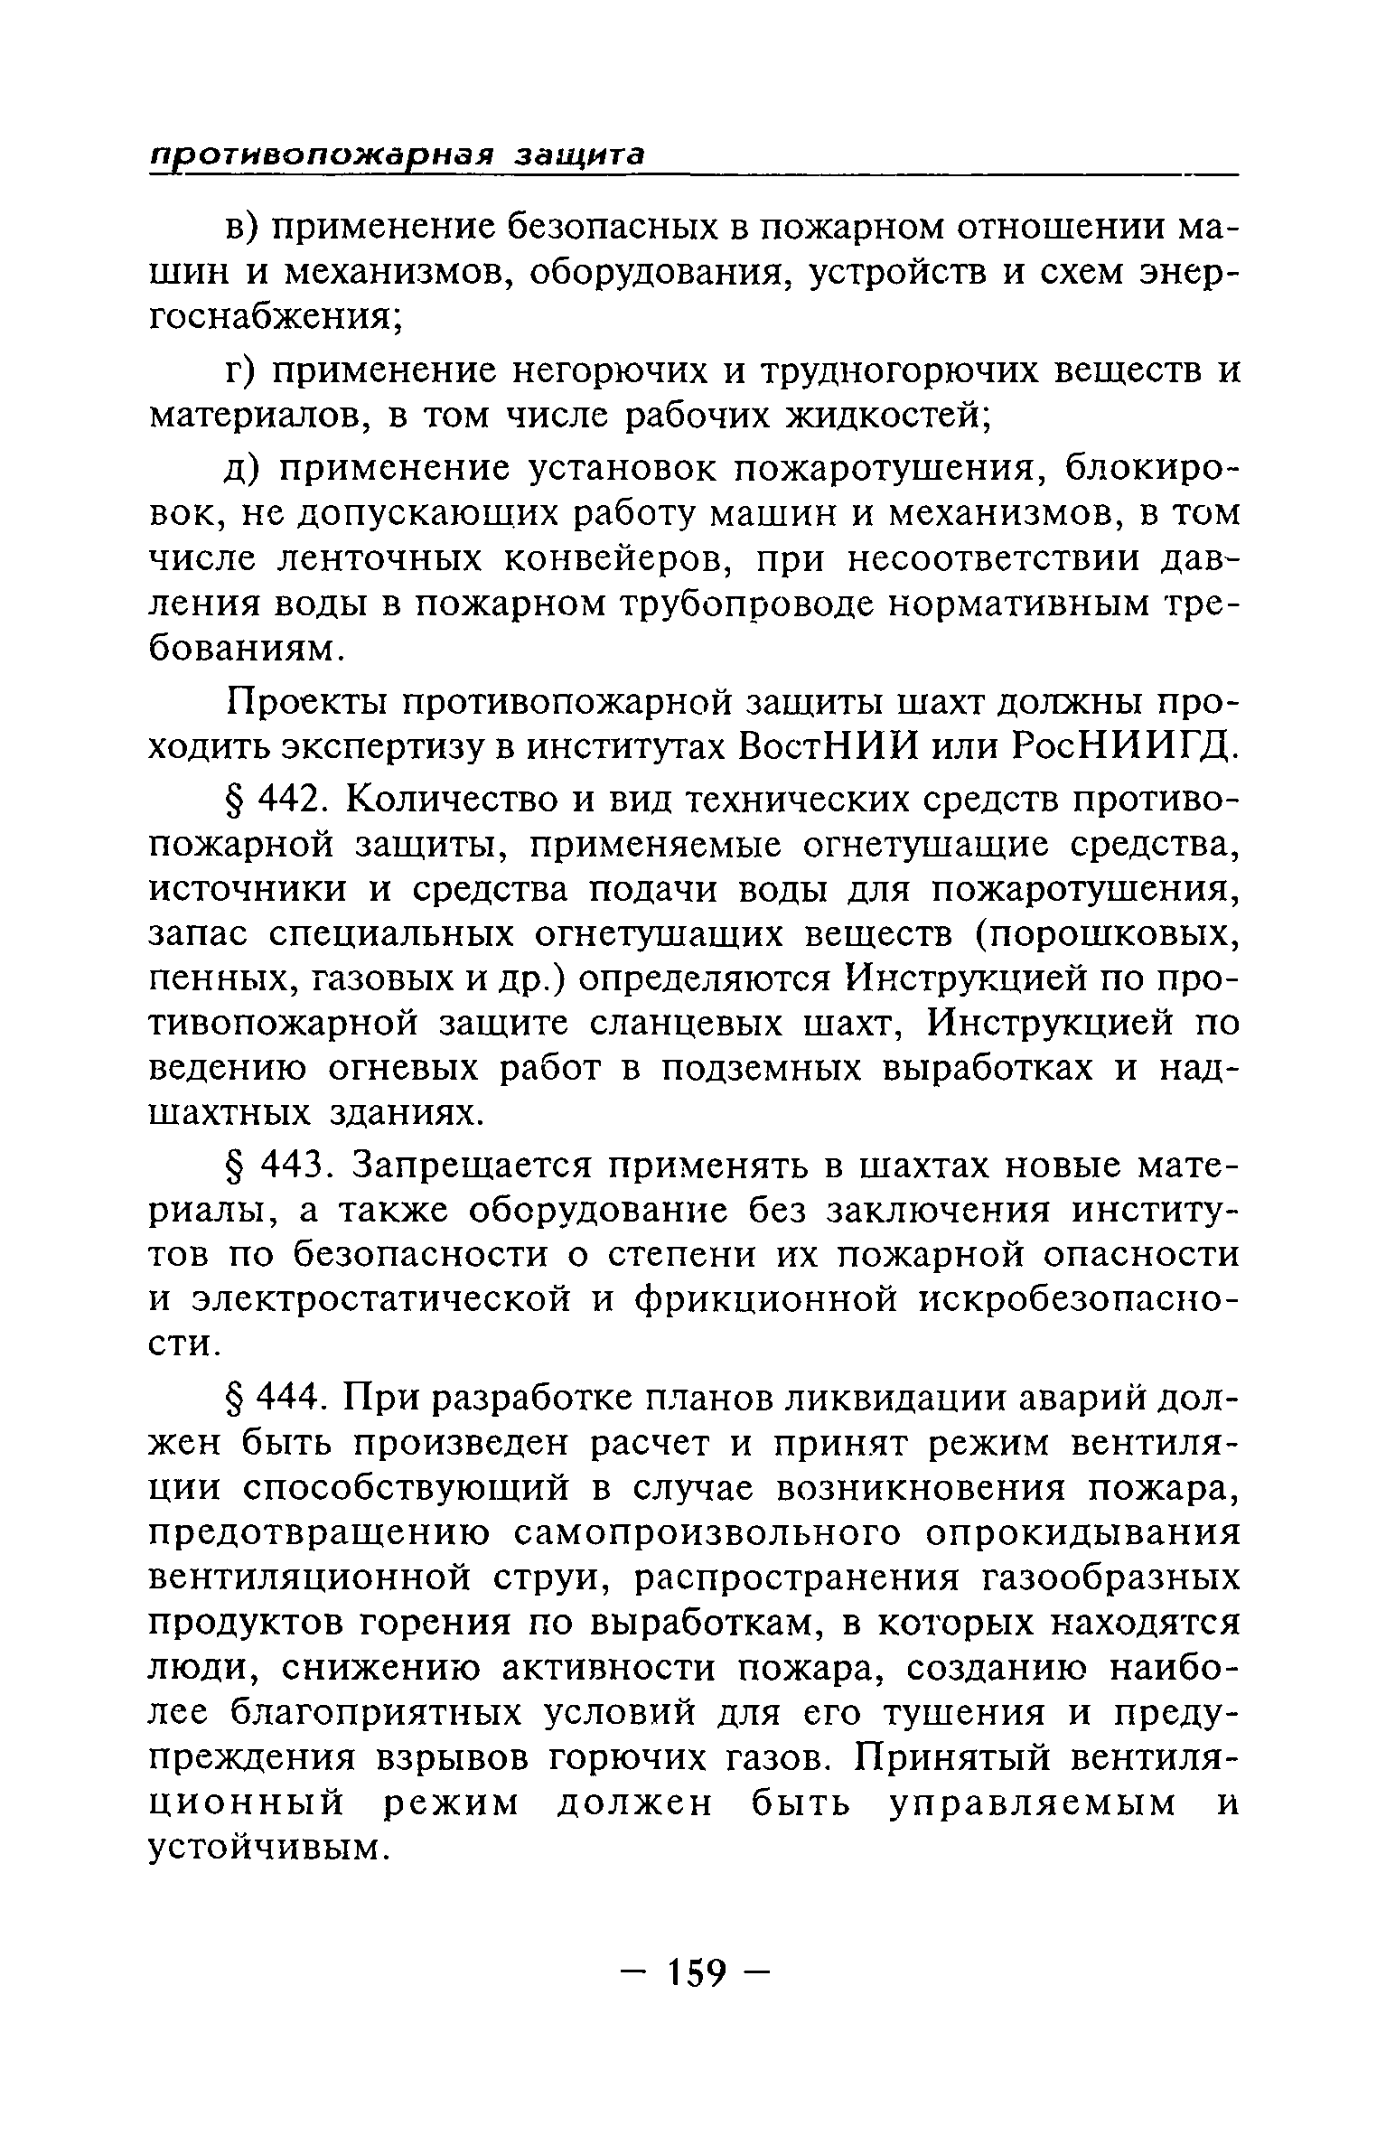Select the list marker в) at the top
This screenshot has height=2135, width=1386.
pos(242,228)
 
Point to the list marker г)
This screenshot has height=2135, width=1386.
pos(241,371)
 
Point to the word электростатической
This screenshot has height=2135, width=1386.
pos(383,1301)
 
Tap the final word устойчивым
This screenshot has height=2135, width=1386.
pos(267,1849)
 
